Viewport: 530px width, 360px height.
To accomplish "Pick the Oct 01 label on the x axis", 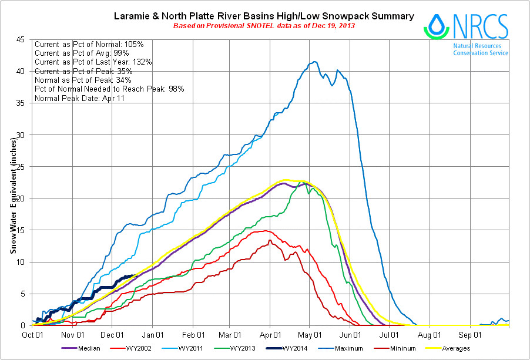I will (x=32, y=335).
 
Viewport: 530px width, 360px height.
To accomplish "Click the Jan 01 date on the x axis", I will (x=153, y=335).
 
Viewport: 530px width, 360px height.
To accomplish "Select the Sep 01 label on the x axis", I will (x=470, y=335).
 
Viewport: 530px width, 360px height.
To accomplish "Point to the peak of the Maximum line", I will (x=316, y=62).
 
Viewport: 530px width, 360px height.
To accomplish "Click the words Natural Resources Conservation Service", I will (x=481, y=49).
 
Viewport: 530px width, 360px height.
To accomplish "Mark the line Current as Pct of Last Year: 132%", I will (x=94, y=62).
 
